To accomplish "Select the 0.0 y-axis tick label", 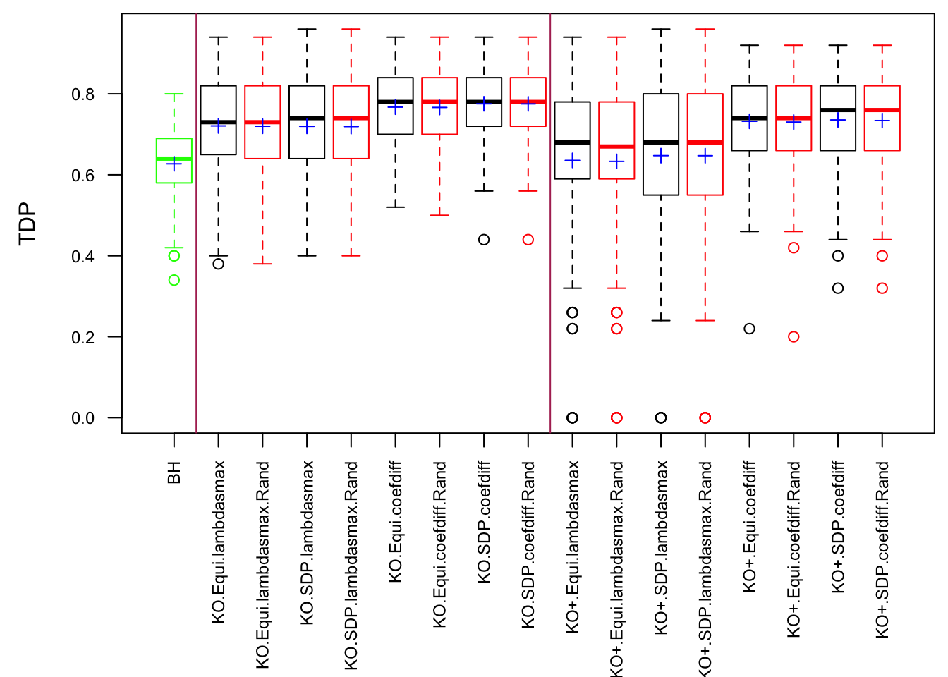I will tap(83, 418).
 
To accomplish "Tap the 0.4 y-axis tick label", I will tap(83, 256).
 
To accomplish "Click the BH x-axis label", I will tap(174, 472).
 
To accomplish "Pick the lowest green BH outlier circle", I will tap(174, 280).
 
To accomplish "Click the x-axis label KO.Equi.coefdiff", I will tap(396, 522).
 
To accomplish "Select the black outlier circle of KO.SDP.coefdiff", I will tap(484, 240).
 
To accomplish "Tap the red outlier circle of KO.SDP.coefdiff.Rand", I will tap(528, 240).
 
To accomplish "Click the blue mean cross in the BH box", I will tap(174, 164).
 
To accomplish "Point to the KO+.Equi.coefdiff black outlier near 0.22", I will tap(749, 329).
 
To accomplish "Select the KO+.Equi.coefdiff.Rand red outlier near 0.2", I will tap(794, 337).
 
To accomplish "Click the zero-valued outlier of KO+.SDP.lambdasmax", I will tap(661, 418).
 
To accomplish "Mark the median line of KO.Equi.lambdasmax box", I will tap(219, 122).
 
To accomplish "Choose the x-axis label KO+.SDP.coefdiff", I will tap(838, 527).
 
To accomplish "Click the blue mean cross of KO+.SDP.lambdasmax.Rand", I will tap(705, 156).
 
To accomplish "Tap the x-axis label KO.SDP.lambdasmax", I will tap(307, 543).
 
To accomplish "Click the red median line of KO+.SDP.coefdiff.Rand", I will tap(882, 110).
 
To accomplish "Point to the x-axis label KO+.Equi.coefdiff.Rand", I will tap(794, 549).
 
